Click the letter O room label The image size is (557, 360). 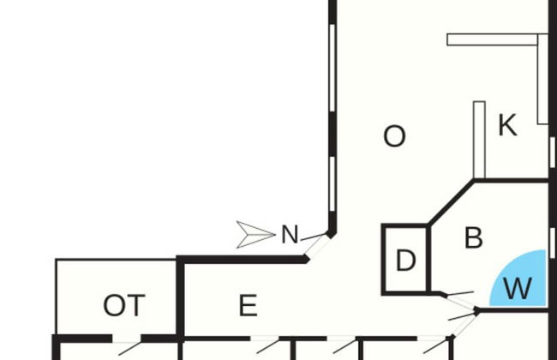[394, 136]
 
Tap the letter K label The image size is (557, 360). [507, 126]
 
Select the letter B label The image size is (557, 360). [473, 238]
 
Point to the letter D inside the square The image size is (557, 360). [405, 261]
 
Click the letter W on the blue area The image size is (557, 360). [518, 289]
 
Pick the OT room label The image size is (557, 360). [124, 305]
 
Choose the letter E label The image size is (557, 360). [248, 305]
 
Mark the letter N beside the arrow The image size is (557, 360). [290, 235]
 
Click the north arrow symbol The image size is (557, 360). [255, 234]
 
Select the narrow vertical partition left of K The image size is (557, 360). [479, 137]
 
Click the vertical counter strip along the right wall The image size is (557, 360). [542, 81]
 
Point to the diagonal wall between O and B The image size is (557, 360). [451, 202]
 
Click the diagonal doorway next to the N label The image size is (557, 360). [317, 245]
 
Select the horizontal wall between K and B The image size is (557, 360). [512, 181]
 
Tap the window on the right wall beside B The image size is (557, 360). [553, 242]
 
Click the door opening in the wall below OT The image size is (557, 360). [126, 339]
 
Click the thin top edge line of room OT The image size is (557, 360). [116, 260]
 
